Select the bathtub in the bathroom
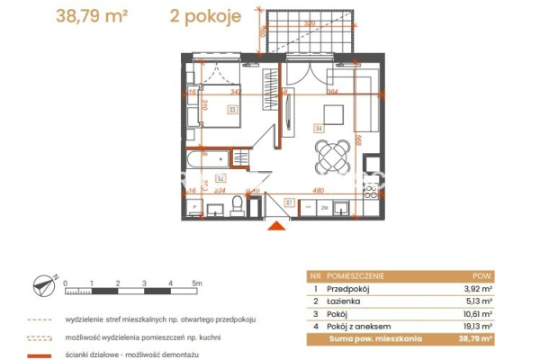[208, 159]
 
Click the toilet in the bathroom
[237, 206]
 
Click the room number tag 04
[318, 127]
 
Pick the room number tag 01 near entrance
[288, 202]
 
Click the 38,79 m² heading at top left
[85, 15]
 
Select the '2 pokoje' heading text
[202, 15]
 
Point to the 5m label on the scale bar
[198, 283]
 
